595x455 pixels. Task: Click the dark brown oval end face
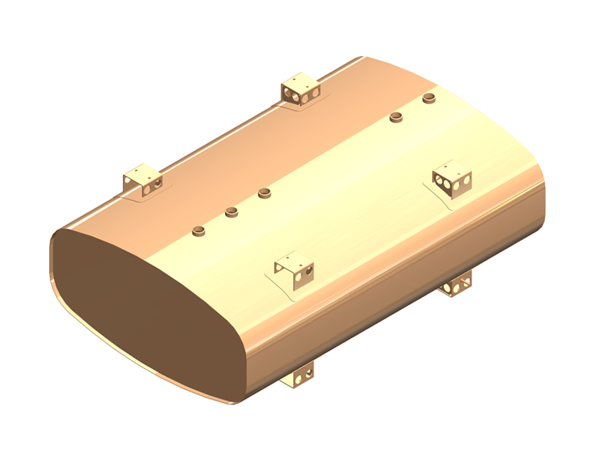[x=140, y=308]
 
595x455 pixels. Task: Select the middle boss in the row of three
[x=232, y=211]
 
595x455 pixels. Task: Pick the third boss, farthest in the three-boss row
[x=264, y=192]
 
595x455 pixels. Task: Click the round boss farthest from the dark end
[x=429, y=98]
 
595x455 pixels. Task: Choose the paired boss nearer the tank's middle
[x=397, y=116]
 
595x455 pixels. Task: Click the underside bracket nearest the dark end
[x=300, y=377]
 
